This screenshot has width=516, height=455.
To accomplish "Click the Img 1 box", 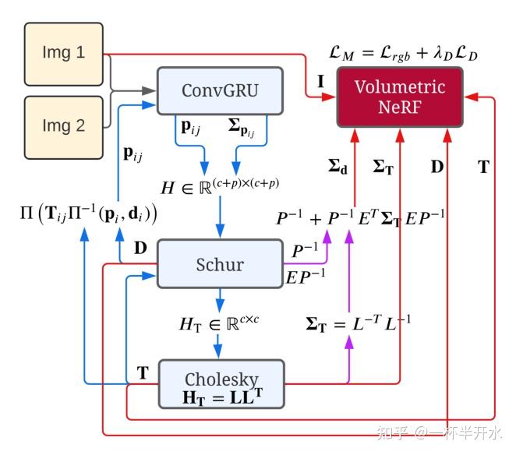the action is [63, 54].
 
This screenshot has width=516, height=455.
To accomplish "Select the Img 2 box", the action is [63, 128].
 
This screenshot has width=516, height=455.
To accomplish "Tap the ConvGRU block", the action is [220, 91].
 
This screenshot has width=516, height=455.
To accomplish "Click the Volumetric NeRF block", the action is [400, 97].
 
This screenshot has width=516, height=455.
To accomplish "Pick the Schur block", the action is [220, 264].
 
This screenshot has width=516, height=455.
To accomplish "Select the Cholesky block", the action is [221, 384].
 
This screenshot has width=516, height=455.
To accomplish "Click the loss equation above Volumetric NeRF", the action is [403, 53].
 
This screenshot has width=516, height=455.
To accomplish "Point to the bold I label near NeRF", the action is [320, 81].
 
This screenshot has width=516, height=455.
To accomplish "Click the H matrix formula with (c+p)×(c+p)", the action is [220, 186].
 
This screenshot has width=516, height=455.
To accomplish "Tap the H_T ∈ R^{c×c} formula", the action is [219, 324].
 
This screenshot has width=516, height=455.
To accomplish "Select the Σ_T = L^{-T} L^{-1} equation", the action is [358, 323].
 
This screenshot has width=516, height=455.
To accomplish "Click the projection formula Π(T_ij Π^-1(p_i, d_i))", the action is [89, 213].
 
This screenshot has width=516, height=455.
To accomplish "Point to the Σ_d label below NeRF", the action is [338, 167].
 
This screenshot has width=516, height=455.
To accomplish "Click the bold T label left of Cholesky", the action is [143, 373].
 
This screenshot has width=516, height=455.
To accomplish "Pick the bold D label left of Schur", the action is [140, 248].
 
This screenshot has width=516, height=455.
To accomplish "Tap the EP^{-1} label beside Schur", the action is [306, 277].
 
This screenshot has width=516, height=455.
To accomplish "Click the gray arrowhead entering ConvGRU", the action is [149, 91].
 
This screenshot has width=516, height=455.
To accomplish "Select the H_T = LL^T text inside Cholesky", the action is [223, 397].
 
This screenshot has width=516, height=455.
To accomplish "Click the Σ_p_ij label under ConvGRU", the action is [242, 128].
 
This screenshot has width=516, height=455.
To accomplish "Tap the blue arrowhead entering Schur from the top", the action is [220, 231].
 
